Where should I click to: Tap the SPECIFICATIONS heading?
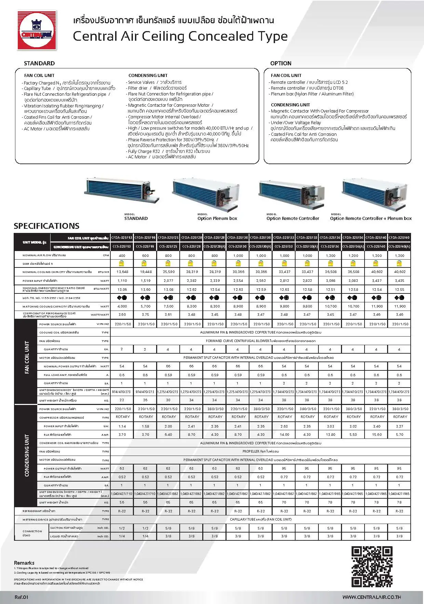click(46, 226)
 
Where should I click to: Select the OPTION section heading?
click(281, 63)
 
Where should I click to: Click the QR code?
click(372, 567)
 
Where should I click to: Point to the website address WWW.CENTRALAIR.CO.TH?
click(371, 597)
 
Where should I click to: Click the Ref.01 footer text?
click(21, 597)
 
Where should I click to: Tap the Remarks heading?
click(24, 563)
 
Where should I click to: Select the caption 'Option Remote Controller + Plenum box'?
click(371, 218)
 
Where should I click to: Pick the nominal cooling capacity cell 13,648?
click(122, 272)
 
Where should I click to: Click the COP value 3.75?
click(146, 315)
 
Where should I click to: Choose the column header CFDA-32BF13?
click(122, 237)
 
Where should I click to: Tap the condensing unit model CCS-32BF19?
click(146, 246)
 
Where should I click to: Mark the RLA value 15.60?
click(377, 435)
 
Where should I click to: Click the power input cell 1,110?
click(122, 280)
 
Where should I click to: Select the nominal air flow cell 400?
click(122, 255)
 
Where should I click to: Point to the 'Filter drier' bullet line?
click(157, 88)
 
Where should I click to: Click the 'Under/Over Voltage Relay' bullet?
click(296, 122)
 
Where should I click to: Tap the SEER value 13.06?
click(122, 289)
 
